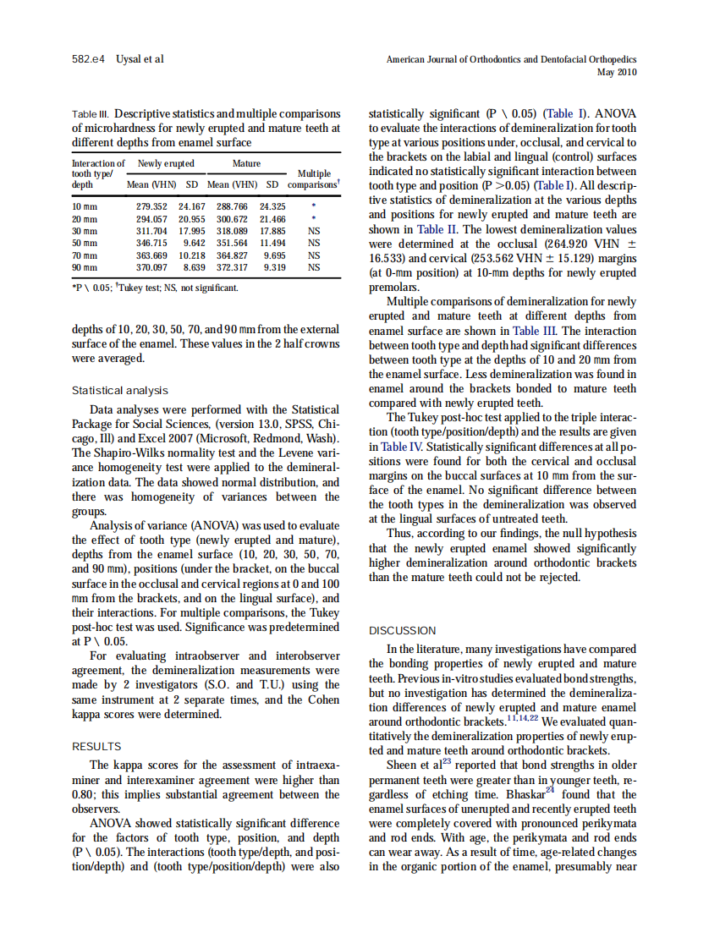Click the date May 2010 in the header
[x=617, y=73]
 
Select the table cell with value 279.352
[x=153, y=206]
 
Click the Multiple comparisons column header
[x=313, y=178]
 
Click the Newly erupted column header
[x=166, y=163]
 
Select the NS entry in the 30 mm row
[x=313, y=230]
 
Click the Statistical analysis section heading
[x=119, y=390]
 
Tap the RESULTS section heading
[x=96, y=747]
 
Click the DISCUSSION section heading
[x=403, y=630]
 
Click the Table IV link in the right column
[x=403, y=447]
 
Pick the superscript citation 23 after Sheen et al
[x=447, y=761]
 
